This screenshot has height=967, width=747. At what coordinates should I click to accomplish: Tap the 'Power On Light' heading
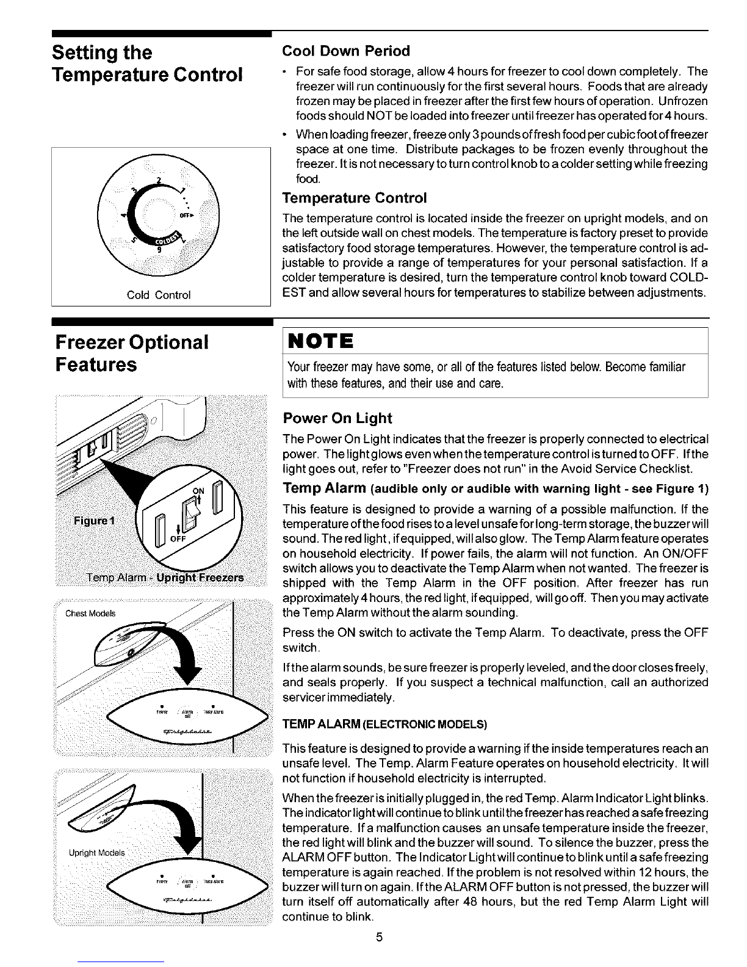(337, 418)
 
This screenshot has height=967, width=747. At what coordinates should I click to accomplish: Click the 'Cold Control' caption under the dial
(161, 295)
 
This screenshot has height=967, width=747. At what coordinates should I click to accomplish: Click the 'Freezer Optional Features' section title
(131, 353)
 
